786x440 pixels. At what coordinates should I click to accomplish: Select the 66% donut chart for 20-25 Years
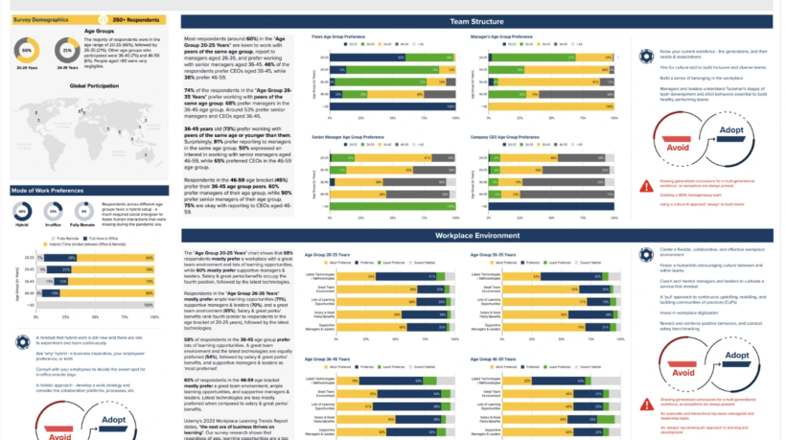coord(27,52)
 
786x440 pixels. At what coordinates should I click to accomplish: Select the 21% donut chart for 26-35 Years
coord(67,52)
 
